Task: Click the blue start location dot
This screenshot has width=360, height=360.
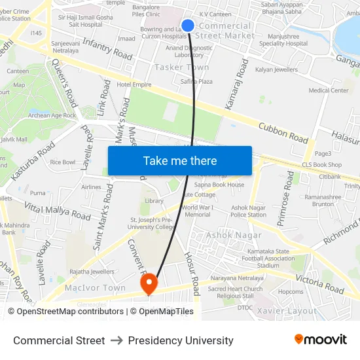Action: pyautogui.click(x=188, y=26)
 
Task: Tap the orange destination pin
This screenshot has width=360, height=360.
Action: pyautogui.click(x=149, y=282)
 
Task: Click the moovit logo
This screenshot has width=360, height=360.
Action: pyautogui.click(x=320, y=340)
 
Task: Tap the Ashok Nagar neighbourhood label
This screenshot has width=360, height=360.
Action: pyautogui.click(x=234, y=235)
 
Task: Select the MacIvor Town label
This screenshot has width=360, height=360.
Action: pyautogui.click(x=95, y=288)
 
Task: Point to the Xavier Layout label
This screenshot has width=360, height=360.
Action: pyautogui.click(x=287, y=311)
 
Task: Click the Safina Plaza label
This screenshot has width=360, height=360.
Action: pyautogui.click(x=196, y=82)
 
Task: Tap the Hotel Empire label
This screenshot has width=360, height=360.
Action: pyautogui.click(x=134, y=85)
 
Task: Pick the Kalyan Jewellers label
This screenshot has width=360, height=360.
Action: pyautogui.click(x=276, y=69)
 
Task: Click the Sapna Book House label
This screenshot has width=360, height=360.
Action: pyautogui.click(x=219, y=185)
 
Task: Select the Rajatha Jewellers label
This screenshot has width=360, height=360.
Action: pyautogui.click(x=92, y=272)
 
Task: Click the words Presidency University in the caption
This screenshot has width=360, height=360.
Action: pyautogui.click(x=181, y=340)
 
